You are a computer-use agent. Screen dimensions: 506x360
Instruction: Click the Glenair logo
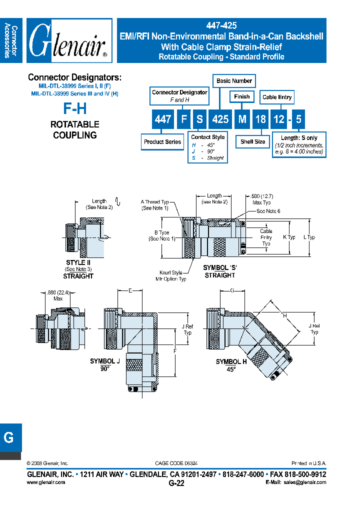(69, 41)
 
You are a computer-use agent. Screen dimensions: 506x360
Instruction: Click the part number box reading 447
(163, 119)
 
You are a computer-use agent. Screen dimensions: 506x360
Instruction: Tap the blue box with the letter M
(242, 119)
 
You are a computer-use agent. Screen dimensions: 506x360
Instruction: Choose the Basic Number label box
(234, 80)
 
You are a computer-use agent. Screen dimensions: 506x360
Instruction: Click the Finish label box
(241, 96)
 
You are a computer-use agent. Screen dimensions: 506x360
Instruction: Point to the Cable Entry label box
(276, 97)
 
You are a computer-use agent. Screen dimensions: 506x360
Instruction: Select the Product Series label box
(162, 142)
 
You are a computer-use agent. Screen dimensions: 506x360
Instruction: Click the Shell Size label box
(252, 142)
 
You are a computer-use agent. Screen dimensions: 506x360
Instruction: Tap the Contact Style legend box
(208, 147)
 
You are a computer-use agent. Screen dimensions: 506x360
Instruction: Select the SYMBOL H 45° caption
(231, 364)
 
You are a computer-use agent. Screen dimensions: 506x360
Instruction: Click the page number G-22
(177, 483)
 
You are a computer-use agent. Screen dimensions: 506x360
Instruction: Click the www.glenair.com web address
(45, 482)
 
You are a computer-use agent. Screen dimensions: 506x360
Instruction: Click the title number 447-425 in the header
(221, 25)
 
